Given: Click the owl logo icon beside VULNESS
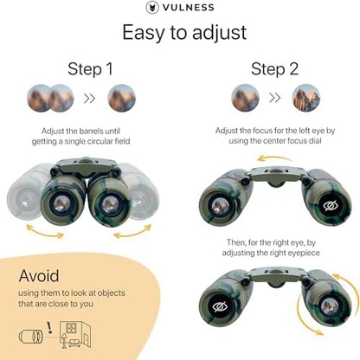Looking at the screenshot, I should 152,8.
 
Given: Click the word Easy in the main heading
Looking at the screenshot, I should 145,33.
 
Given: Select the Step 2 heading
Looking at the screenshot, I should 272,69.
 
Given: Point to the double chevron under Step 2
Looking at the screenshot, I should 273,97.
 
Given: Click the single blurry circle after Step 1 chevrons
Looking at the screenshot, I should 121,97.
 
